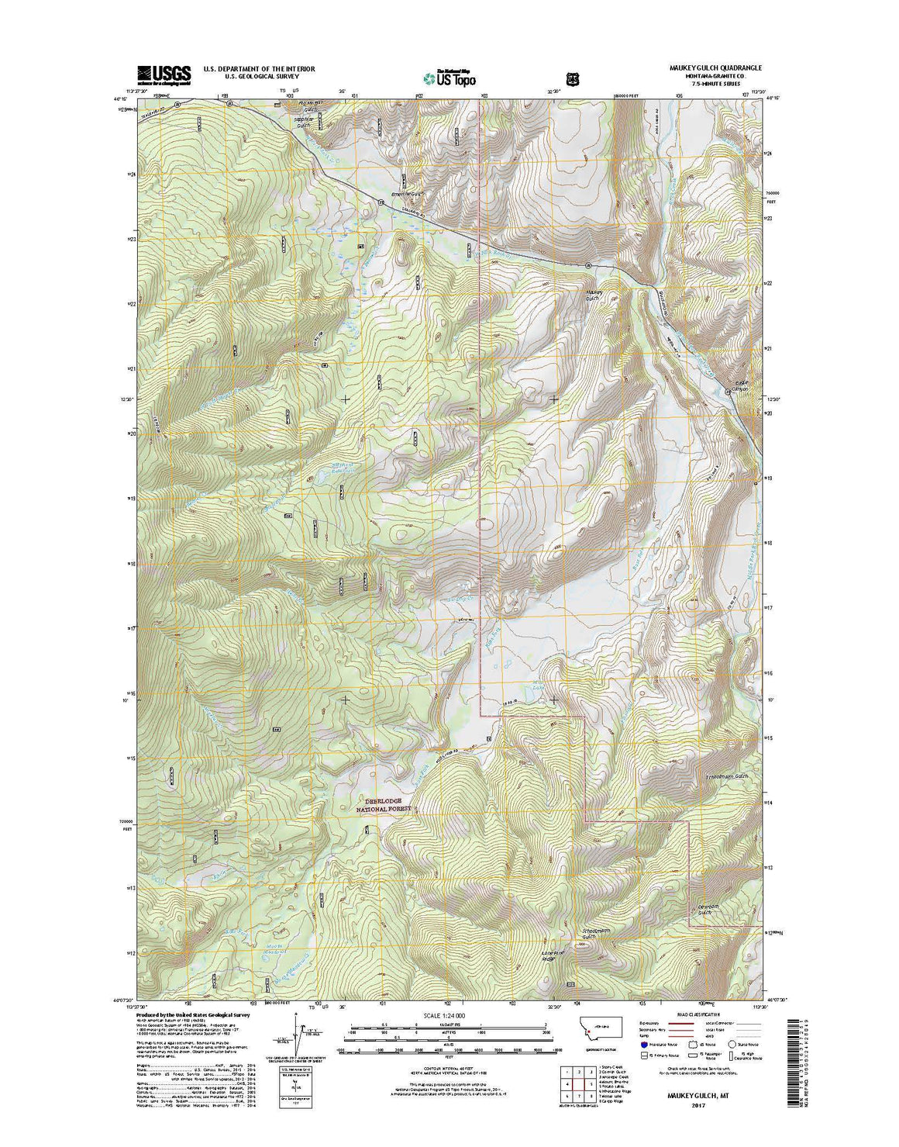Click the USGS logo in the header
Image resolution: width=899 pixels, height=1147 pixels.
164,74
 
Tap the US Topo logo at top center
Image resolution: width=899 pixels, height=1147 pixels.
449,77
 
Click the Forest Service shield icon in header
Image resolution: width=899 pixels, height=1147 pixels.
572,78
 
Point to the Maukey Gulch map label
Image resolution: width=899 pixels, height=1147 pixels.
594,295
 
